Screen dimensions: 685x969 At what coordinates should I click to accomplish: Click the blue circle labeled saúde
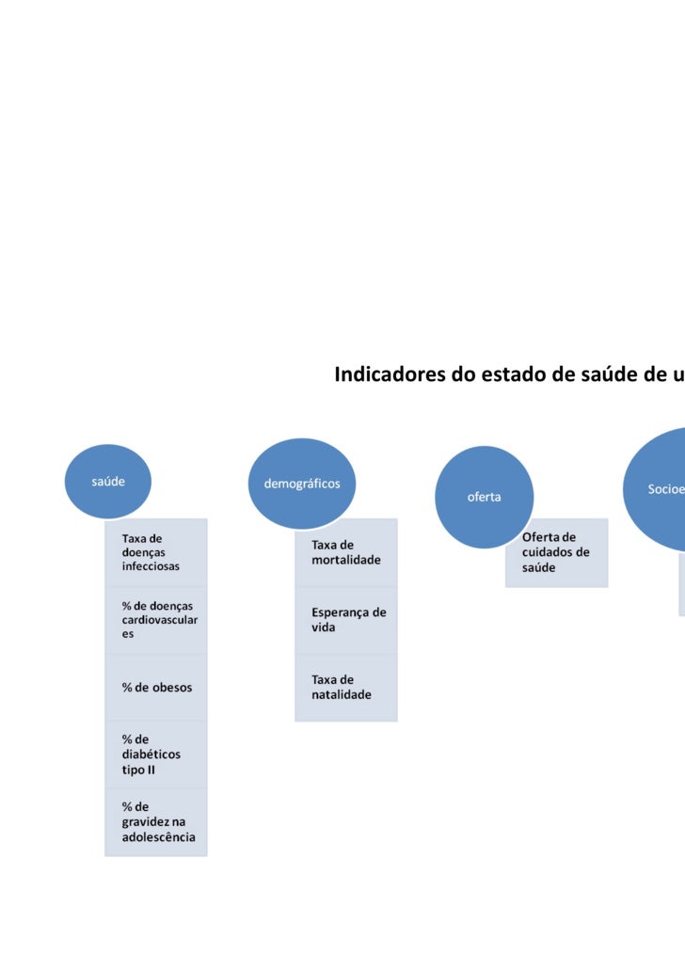(x=108, y=481)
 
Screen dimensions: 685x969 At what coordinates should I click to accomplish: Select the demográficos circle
(x=302, y=484)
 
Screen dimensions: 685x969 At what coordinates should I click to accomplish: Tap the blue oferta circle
(x=485, y=497)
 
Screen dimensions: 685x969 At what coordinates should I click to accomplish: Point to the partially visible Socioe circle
(x=659, y=489)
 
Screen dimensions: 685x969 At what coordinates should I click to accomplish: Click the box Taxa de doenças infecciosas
(x=156, y=553)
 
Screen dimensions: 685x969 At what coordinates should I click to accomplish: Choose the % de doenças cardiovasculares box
(x=156, y=620)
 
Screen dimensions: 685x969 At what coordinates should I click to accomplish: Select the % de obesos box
(x=156, y=688)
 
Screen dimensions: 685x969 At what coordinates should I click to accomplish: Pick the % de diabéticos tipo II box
(x=156, y=755)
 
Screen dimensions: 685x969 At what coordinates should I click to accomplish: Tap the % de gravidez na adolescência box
(x=156, y=822)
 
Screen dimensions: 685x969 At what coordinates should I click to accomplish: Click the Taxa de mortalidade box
(x=346, y=552)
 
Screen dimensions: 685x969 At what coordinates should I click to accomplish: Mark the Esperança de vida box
(x=346, y=619)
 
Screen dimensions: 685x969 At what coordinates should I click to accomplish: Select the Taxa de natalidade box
(x=346, y=688)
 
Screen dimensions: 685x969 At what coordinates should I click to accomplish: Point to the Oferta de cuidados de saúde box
(x=557, y=552)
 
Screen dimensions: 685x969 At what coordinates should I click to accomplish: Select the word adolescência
(x=158, y=837)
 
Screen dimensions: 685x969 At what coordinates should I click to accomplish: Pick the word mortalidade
(x=346, y=560)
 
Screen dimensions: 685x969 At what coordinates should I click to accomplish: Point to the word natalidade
(x=342, y=695)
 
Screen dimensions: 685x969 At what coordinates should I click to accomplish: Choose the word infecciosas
(x=151, y=567)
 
